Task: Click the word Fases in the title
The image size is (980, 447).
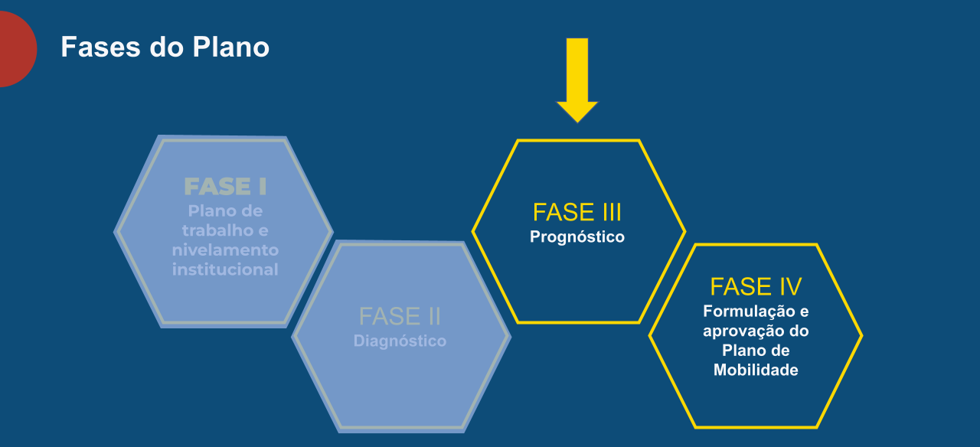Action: point(100,47)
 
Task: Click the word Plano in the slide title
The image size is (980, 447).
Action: point(231,47)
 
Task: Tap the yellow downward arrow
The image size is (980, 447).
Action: point(577,80)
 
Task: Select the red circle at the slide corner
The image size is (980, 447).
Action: point(17,49)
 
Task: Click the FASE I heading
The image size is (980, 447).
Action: point(225,187)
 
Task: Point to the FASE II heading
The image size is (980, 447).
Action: point(400,316)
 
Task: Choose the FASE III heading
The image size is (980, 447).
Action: point(577,212)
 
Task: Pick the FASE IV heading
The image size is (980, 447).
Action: point(756,286)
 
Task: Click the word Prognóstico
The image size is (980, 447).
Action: point(577,237)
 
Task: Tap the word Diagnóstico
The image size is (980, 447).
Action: point(400,341)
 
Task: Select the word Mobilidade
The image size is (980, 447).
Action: point(756,370)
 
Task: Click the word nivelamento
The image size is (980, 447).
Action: point(225,250)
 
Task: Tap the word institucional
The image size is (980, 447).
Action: point(225,269)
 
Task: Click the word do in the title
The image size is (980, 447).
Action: point(166,47)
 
